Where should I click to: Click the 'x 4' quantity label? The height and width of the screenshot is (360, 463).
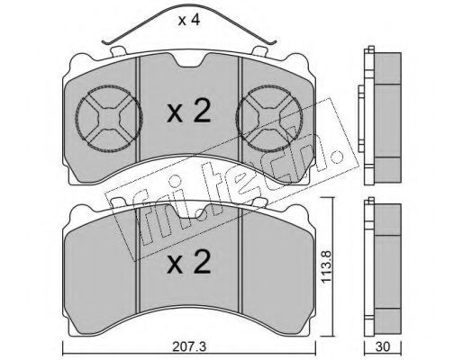point(189,20)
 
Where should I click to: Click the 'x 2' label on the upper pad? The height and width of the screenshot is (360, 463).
point(188,112)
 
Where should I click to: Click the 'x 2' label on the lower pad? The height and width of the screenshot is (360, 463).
point(188,262)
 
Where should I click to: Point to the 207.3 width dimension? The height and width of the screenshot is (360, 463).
point(189,347)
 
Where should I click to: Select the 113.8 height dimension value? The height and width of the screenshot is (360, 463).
point(327,265)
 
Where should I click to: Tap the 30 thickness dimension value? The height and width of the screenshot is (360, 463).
point(383,346)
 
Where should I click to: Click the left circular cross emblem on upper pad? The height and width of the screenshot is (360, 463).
point(109,119)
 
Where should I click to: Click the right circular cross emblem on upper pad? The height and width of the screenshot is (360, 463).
point(269,119)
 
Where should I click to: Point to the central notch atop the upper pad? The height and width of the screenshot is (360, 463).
point(189,60)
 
